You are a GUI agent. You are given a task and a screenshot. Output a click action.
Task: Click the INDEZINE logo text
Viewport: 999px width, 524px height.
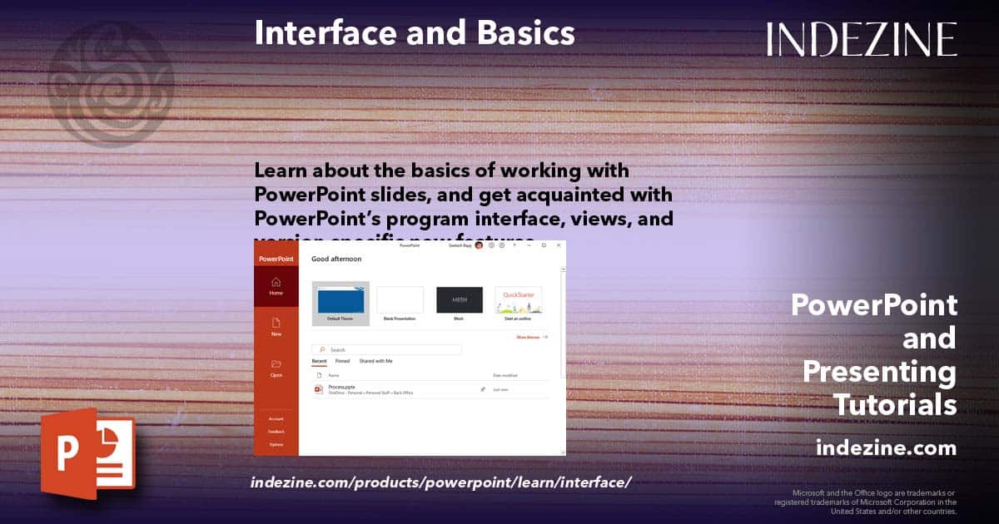(x=862, y=39)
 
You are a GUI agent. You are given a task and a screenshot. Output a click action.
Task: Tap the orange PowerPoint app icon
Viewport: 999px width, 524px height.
(x=87, y=453)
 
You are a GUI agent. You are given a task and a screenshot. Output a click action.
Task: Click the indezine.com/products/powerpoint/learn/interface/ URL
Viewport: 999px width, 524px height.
(x=441, y=482)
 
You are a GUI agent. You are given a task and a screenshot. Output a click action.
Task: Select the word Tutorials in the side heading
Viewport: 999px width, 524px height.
(x=896, y=405)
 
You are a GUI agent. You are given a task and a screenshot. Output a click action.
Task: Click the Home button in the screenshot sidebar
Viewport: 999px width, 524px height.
(x=276, y=287)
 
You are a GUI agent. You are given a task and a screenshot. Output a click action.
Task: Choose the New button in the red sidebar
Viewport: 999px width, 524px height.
(x=276, y=327)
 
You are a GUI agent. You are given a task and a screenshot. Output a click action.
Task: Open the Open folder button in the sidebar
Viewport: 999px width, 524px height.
(x=276, y=368)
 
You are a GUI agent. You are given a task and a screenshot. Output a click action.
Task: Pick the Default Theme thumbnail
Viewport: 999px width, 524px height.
(x=340, y=300)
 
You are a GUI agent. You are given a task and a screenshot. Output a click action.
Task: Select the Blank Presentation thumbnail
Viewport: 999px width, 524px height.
(x=400, y=300)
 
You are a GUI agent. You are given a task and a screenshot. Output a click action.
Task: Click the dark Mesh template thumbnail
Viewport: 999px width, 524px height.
(x=460, y=300)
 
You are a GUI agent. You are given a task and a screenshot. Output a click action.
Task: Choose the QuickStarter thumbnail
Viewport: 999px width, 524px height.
(x=518, y=300)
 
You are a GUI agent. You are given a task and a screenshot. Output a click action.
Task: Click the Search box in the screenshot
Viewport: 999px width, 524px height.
(x=387, y=350)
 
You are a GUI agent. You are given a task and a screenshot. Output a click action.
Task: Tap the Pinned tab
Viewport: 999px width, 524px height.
(x=342, y=362)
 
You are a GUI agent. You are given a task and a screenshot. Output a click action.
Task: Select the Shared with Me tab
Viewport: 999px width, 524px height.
(x=375, y=362)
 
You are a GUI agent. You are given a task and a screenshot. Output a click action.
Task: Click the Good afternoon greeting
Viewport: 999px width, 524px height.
(x=336, y=260)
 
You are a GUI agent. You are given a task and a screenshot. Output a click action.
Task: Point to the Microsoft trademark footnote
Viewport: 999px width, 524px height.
(x=866, y=502)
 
